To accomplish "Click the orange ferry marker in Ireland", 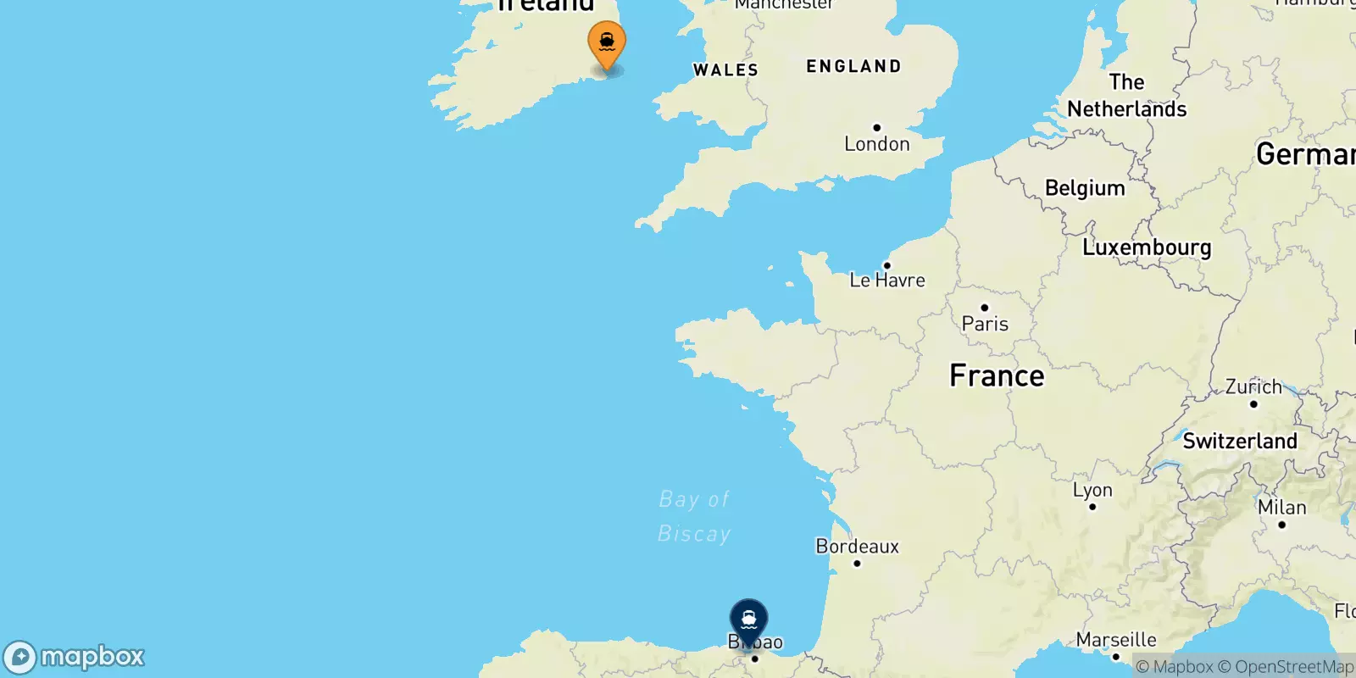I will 607,42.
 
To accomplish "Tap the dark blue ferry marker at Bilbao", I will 749,620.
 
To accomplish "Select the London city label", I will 876,144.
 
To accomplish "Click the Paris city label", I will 985,323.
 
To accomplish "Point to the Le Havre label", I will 887,280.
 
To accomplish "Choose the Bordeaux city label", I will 857,547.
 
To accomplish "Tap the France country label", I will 997,375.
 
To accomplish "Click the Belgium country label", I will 1085,188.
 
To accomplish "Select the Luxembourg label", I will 1147,247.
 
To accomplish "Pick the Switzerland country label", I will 1240,441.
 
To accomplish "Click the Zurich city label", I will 1253,387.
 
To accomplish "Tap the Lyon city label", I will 1092,490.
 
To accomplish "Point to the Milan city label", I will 1281,508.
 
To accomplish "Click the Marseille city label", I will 1116,640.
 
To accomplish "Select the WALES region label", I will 725,70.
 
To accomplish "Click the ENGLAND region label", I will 853,66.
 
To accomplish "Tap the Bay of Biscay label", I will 694,516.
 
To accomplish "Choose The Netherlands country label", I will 1126,96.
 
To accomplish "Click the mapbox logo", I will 75,657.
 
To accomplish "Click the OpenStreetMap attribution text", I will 1286,667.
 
